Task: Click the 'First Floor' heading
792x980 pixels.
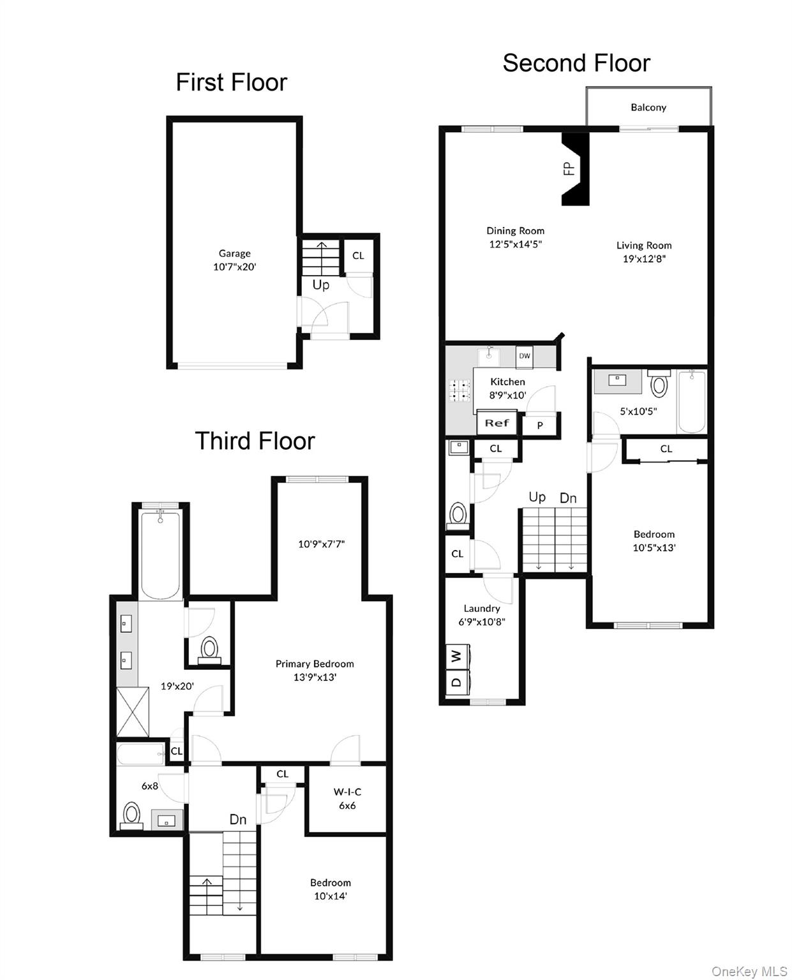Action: [x=231, y=82]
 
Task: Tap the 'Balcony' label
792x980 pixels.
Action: [x=648, y=107]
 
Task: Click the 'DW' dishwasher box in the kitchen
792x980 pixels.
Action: [x=524, y=356]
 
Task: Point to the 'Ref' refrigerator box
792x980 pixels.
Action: [x=497, y=423]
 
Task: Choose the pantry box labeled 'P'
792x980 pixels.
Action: [x=540, y=425]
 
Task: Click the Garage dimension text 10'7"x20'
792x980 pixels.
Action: [x=234, y=267]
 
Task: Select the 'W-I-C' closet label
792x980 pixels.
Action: [x=347, y=792]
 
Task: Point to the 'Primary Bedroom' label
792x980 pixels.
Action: [x=315, y=664]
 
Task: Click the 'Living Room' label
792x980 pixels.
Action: [x=644, y=245]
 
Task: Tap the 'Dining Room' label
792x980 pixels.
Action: [x=516, y=231]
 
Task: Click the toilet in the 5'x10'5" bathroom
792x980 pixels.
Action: [x=659, y=385]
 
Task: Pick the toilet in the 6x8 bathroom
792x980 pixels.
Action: [x=132, y=815]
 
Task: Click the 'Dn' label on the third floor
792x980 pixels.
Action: [x=238, y=819]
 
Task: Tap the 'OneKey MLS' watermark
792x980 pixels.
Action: [x=749, y=971]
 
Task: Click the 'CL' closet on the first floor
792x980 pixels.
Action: [x=358, y=255]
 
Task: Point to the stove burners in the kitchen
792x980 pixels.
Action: [x=460, y=390]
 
